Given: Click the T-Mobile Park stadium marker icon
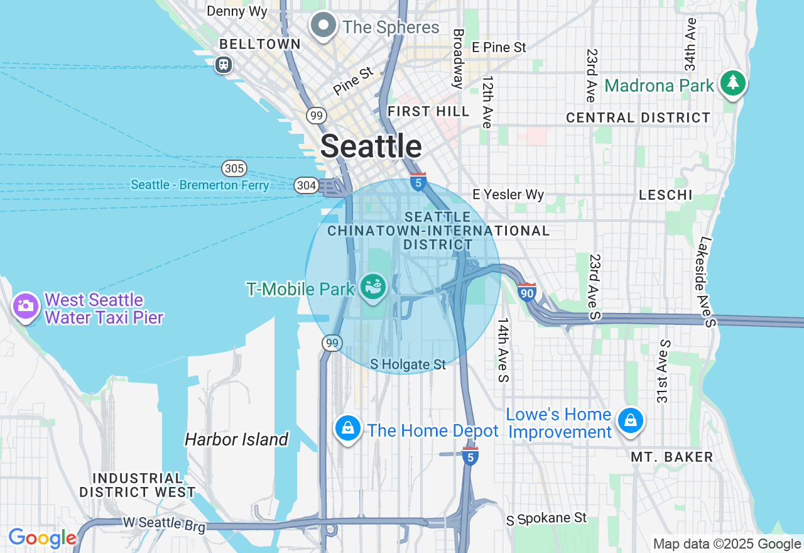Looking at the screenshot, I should point(374,287).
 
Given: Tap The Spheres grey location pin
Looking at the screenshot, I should point(324,26).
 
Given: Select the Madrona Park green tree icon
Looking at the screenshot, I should point(732,84).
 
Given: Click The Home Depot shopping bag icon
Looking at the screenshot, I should point(348,429).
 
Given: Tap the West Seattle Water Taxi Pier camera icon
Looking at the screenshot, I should point(26,306).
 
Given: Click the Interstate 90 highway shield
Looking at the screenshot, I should point(526,292).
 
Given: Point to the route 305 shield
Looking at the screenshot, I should point(234,168).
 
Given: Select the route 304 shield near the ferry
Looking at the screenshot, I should point(306,185).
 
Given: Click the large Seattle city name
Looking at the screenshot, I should point(371,146).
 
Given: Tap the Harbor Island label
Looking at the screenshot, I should point(237,439).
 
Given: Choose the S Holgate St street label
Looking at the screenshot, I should point(408,364).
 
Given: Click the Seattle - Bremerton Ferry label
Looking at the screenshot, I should point(200,185).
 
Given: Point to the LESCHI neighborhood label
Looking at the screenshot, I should point(666,195).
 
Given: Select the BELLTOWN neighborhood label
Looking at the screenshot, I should point(260,45).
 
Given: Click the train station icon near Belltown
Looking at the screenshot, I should point(224,65).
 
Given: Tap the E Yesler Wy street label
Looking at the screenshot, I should point(508,195).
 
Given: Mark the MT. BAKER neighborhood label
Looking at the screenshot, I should point(672,457).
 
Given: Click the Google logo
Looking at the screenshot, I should point(42,539).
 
